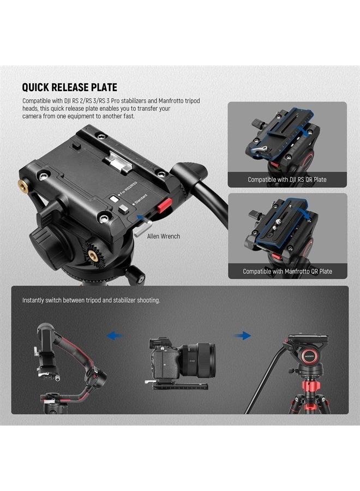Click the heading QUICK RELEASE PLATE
coord(69,87)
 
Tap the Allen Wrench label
coord(163,236)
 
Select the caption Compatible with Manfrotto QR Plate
coord(287,271)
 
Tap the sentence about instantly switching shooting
coord(91,300)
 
